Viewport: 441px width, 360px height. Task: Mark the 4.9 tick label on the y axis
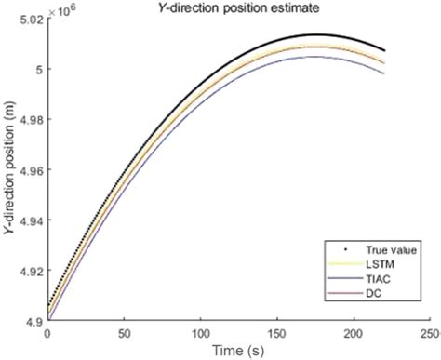[34, 322]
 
